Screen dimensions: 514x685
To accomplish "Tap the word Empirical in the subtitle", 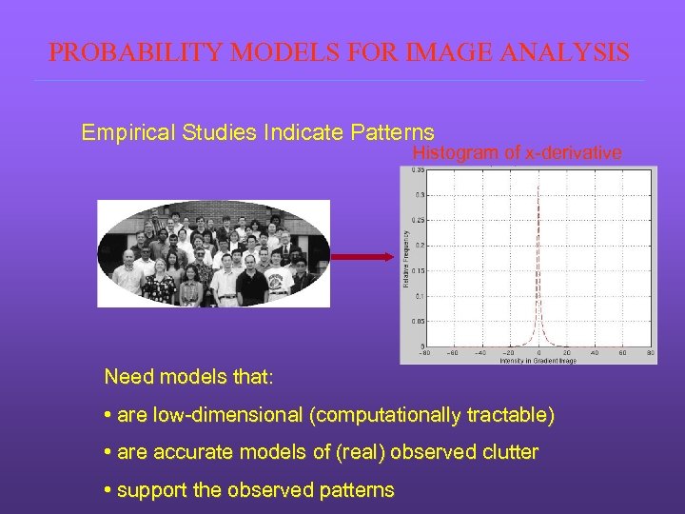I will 122,132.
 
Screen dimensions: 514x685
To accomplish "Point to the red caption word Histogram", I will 454,153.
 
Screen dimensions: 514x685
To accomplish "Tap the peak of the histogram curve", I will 538,185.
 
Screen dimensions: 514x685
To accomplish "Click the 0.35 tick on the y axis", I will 419,170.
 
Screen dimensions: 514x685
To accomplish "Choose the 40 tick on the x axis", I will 594,353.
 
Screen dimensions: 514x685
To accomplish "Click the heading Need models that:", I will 188,378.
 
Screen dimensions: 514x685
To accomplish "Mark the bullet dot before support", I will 107,490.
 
